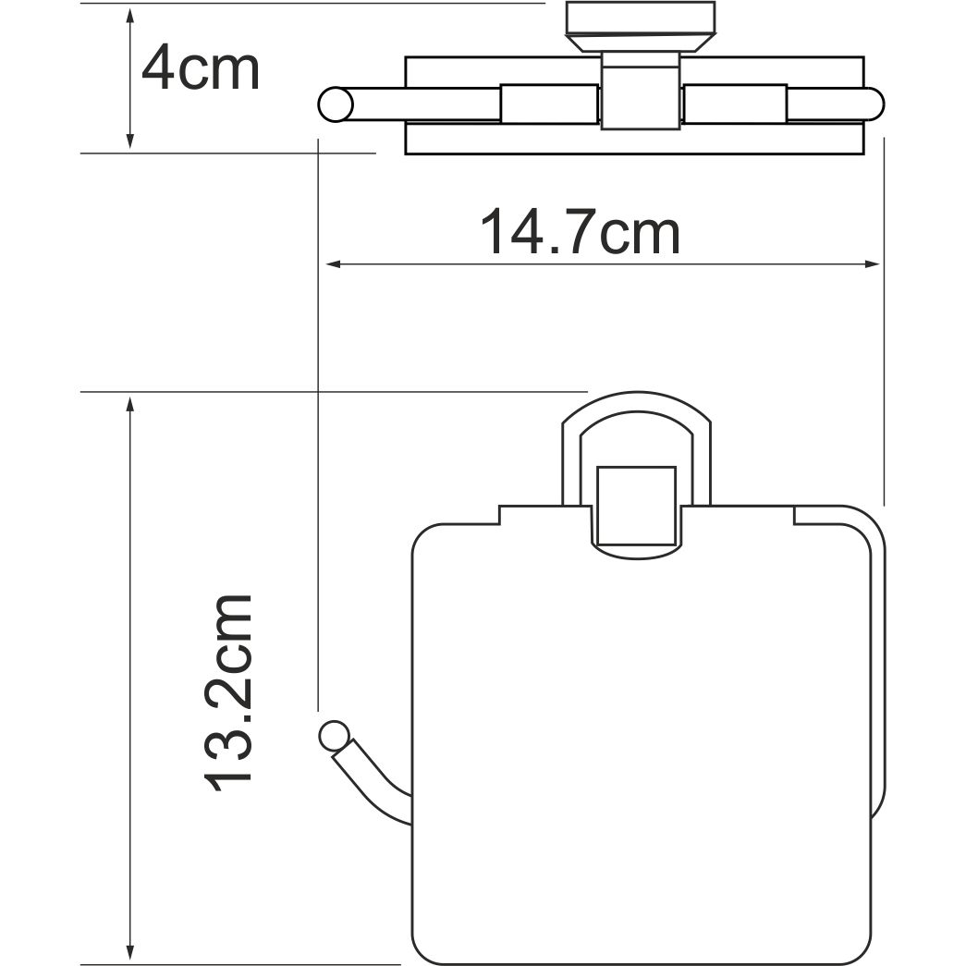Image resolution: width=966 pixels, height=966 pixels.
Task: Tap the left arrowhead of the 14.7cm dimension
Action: click(x=330, y=265)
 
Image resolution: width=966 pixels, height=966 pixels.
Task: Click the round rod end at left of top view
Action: click(x=335, y=104)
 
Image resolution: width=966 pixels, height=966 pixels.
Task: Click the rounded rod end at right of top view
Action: click(x=873, y=104)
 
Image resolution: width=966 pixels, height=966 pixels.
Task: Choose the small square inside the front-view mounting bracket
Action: click(x=636, y=506)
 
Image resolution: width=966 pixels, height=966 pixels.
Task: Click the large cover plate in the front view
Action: click(x=638, y=740)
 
